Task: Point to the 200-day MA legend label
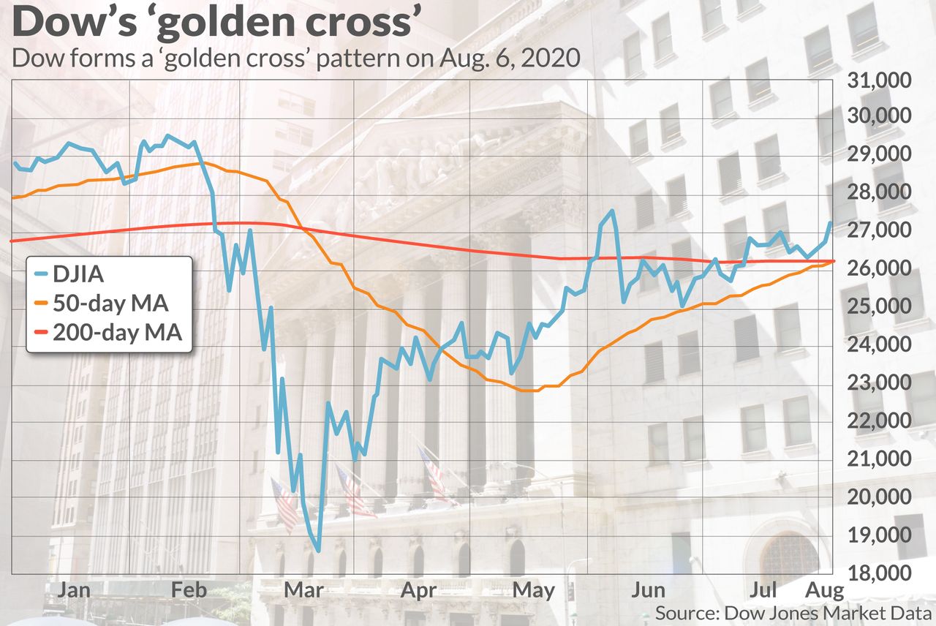click(x=125, y=333)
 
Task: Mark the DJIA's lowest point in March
click(x=318, y=550)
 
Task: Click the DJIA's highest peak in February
click(x=167, y=135)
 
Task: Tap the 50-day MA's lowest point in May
click(x=530, y=391)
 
